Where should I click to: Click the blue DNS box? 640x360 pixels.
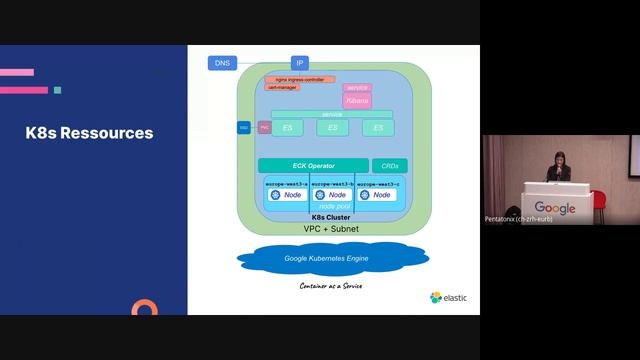click(x=222, y=63)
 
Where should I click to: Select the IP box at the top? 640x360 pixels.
click(x=300, y=63)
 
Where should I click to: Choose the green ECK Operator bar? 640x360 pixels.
click(x=312, y=165)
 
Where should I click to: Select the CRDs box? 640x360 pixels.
click(x=389, y=165)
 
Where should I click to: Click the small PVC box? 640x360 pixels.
click(x=264, y=128)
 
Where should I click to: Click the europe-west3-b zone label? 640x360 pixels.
click(x=332, y=184)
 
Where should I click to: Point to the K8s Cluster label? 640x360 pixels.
click(x=331, y=217)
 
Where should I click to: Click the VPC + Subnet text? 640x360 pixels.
click(x=331, y=229)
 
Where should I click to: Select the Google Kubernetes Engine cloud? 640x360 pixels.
click(x=330, y=259)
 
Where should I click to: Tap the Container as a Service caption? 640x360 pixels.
click(x=331, y=286)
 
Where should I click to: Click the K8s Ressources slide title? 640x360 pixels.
click(x=89, y=132)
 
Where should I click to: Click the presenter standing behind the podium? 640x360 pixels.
click(x=558, y=168)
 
